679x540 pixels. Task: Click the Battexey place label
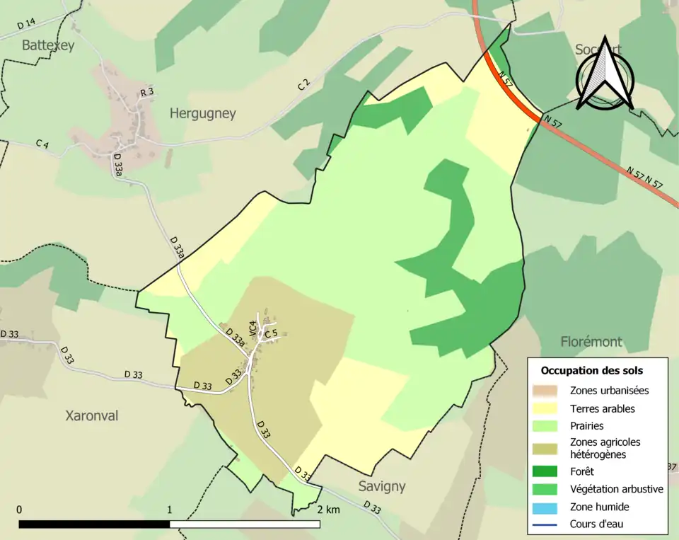48,45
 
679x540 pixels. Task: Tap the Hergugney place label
203,113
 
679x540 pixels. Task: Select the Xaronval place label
92,415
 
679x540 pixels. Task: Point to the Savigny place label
382,486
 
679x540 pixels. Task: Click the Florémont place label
591,342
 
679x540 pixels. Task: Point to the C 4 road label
42,144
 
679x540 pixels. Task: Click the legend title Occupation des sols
591,370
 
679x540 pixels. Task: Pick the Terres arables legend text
602,408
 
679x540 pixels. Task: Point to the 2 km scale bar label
328,510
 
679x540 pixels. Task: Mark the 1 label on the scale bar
170,510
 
